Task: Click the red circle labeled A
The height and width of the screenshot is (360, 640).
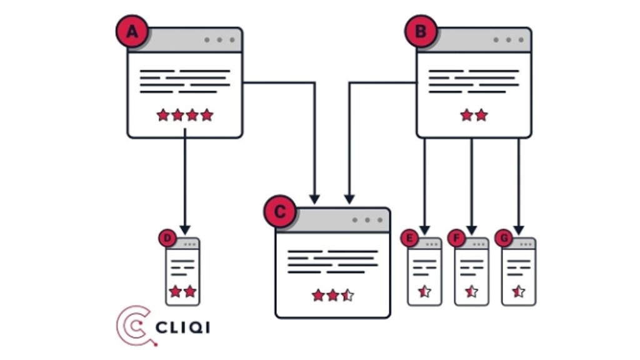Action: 131,31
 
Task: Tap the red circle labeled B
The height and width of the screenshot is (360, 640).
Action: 421,31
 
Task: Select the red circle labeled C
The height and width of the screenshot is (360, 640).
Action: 279,212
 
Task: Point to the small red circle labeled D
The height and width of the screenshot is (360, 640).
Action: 167,238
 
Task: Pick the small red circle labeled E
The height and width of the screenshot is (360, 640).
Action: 409,238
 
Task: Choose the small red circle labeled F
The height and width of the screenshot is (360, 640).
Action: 456,238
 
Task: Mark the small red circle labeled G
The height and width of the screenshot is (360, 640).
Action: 503,238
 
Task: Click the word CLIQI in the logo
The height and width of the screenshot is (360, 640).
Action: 182,327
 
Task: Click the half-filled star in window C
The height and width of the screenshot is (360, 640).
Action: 347,295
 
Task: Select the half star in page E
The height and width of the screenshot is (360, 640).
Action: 424,291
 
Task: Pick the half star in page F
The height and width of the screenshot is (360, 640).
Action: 471,291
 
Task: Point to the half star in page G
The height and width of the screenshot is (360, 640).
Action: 518,291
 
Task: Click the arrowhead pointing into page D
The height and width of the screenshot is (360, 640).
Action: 185,229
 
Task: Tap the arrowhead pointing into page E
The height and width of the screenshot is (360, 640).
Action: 425,229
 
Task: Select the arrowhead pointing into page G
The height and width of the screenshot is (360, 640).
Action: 518,229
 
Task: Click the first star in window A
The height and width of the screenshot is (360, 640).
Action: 163,115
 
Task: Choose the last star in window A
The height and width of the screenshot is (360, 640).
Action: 207,115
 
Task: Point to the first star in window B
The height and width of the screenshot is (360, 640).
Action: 466,115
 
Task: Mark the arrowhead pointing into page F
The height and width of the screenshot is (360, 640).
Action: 471,229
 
